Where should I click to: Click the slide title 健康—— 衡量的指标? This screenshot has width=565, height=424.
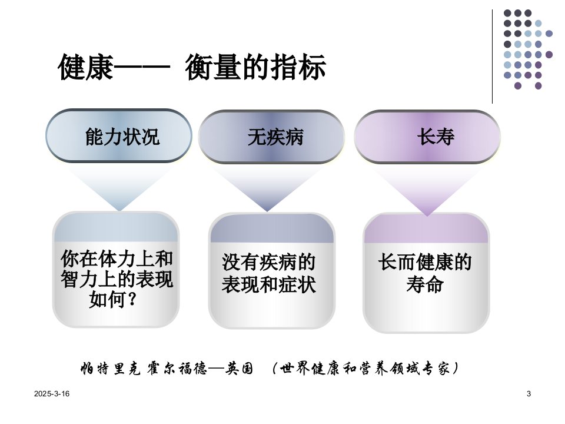click(192, 67)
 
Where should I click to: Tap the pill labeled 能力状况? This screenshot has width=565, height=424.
click(118, 136)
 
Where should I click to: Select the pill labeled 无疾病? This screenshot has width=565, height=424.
click(271, 137)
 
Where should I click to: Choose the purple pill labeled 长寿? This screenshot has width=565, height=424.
click(427, 137)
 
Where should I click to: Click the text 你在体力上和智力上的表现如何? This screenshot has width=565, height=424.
click(117, 279)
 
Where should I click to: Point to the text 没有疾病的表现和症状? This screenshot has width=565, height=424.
click(269, 273)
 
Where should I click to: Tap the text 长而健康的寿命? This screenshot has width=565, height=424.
click(425, 273)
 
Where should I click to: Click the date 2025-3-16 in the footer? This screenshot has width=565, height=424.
click(52, 394)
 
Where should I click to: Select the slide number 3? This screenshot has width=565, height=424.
click(529, 394)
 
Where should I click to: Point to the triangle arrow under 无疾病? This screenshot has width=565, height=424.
click(267, 187)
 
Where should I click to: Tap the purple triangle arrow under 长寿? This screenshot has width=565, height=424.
click(427, 189)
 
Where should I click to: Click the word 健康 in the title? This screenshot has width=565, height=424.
click(86, 67)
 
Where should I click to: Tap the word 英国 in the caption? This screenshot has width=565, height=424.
click(240, 369)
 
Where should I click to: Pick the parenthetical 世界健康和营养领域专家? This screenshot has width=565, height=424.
click(365, 369)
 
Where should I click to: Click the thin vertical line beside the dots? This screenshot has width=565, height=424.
click(492, 57)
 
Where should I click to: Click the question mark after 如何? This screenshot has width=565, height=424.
click(132, 300)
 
